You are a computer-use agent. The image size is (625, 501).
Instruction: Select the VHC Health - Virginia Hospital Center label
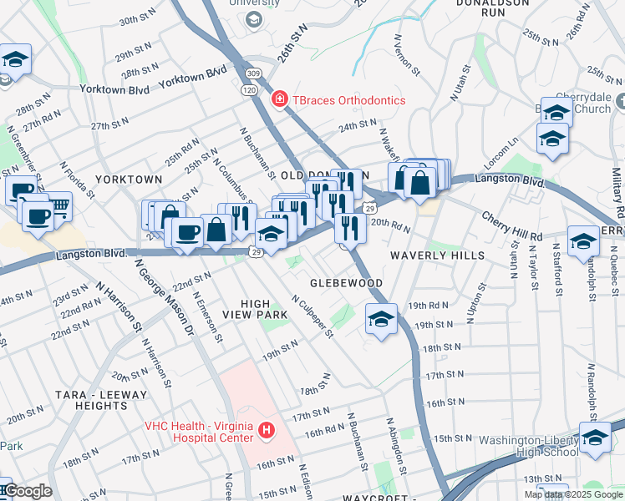click(x=198, y=431)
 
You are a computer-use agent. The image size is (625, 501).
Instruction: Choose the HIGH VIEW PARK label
click(x=255, y=308)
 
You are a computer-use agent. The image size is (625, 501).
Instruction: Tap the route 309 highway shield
click(x=253, y=74)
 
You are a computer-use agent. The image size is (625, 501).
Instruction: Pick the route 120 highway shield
click(x=249, y=89)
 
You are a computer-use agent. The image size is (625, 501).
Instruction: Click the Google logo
click(x=27, y=491)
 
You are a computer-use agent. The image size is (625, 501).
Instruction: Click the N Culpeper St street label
click(x=312, y=316)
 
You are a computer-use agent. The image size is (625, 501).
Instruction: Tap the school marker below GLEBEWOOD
click(x=381, y=319)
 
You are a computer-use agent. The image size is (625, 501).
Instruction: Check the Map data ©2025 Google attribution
click(x=573, y=494)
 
